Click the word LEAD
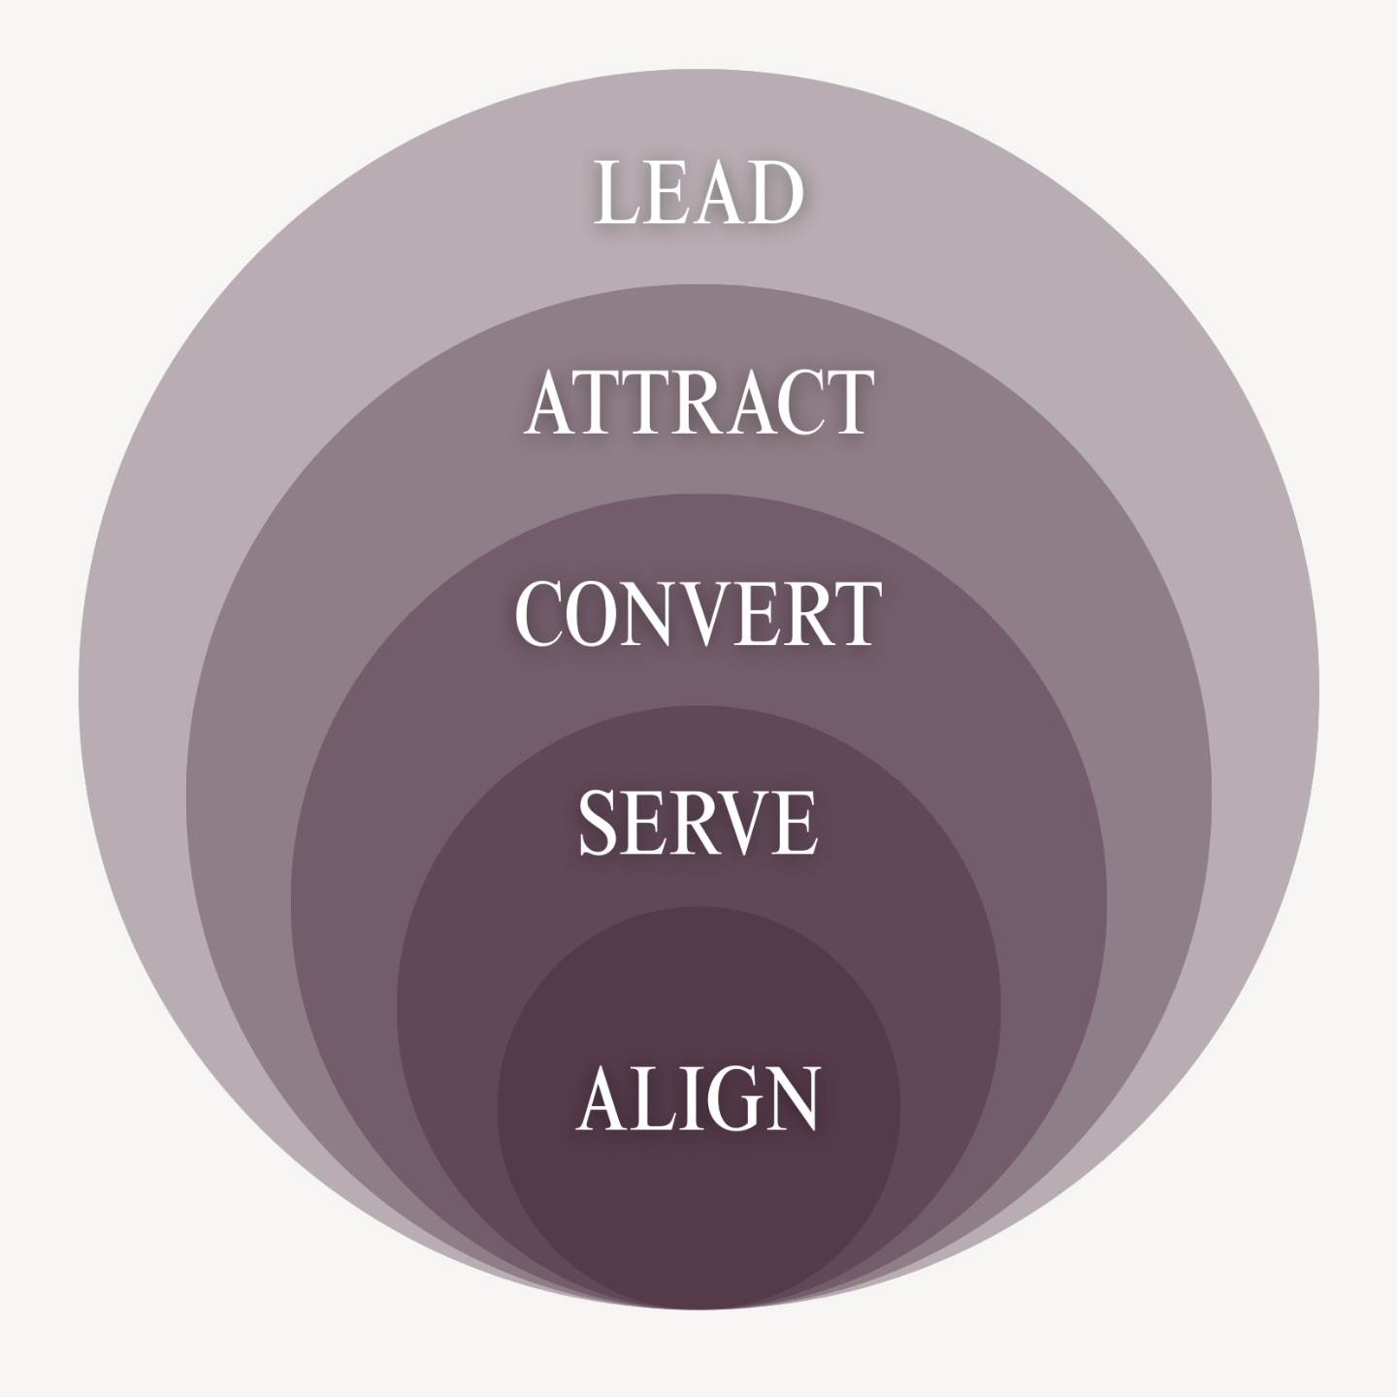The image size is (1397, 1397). [698, 193]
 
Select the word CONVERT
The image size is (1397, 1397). [698, 613]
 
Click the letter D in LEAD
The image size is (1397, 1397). [772, 193]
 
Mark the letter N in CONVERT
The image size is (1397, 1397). [655, 613]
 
